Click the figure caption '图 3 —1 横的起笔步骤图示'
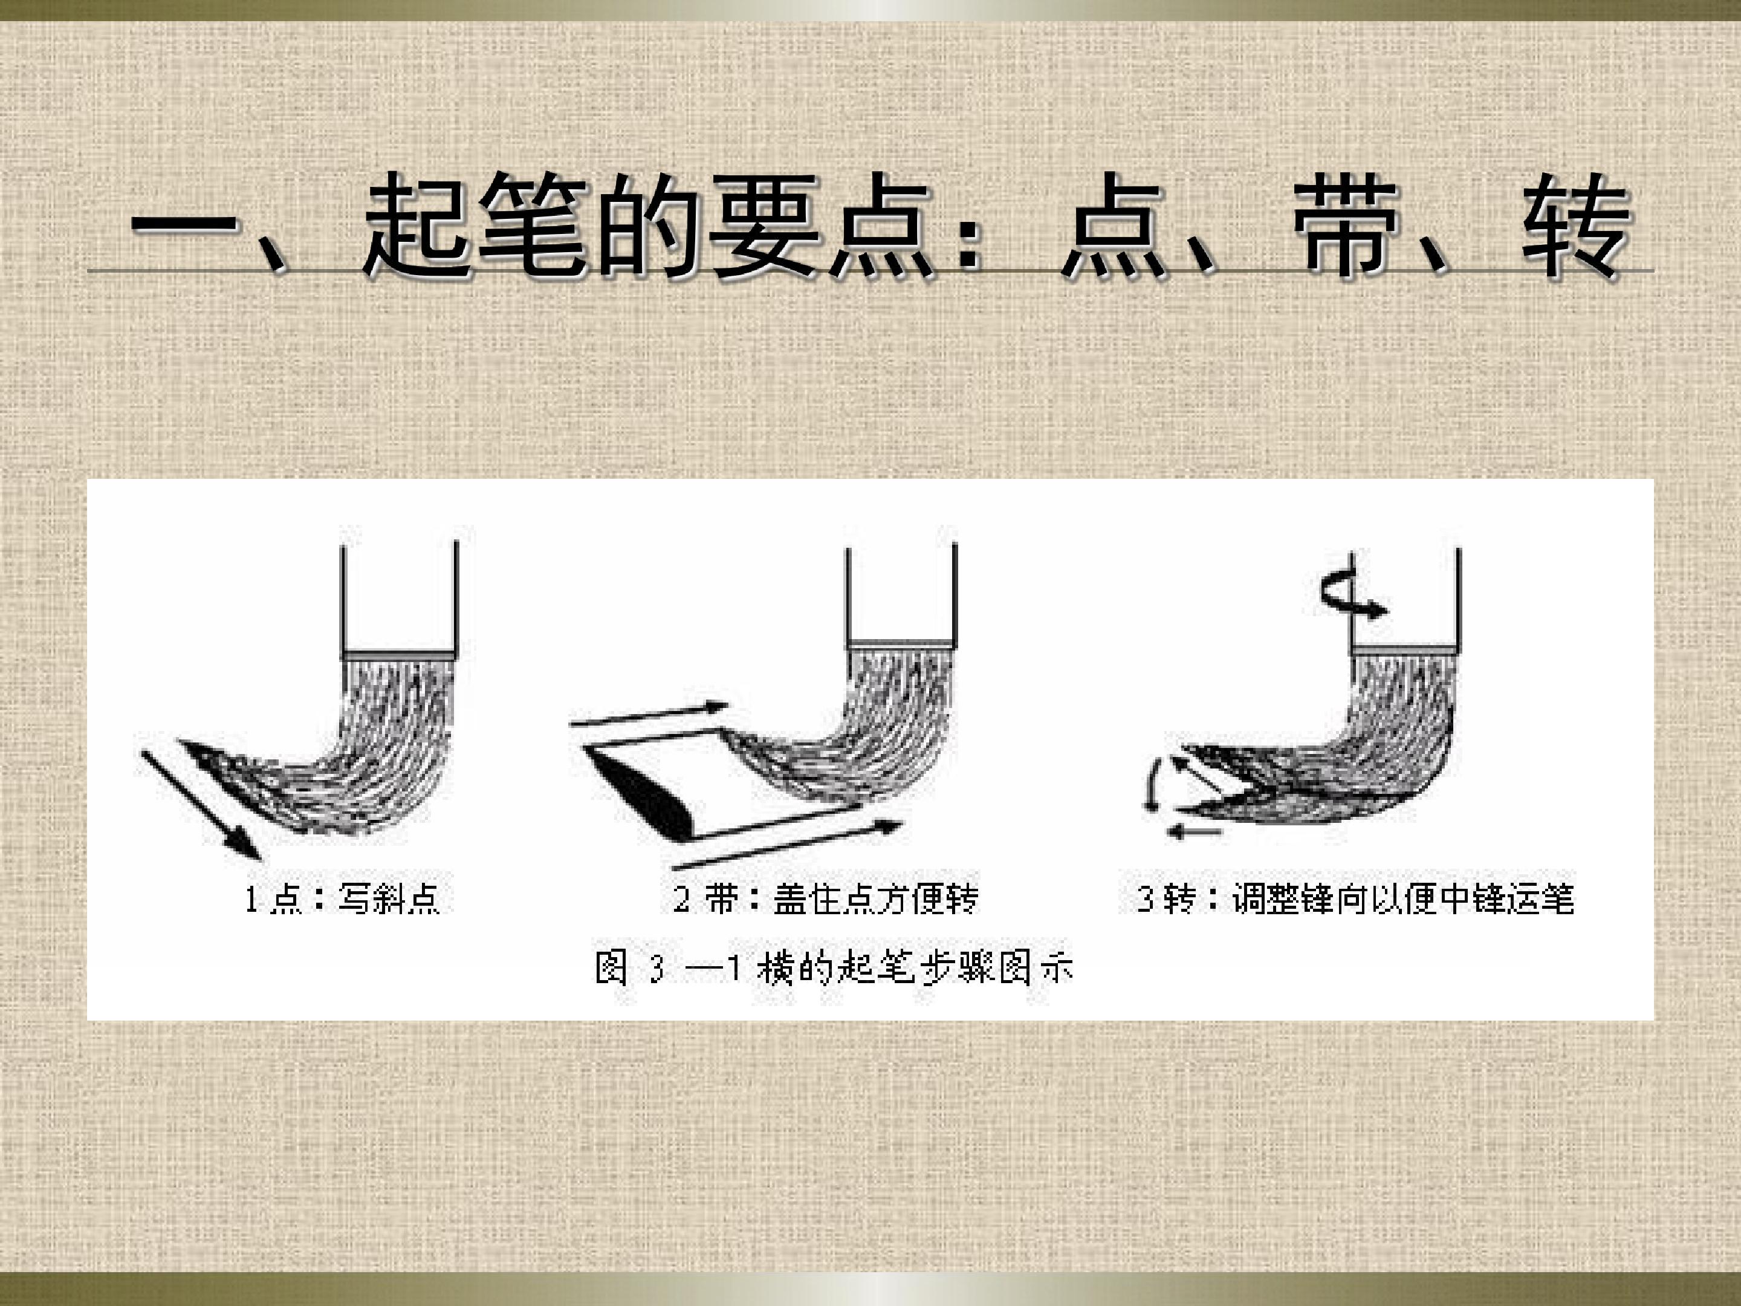pos(834,967)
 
